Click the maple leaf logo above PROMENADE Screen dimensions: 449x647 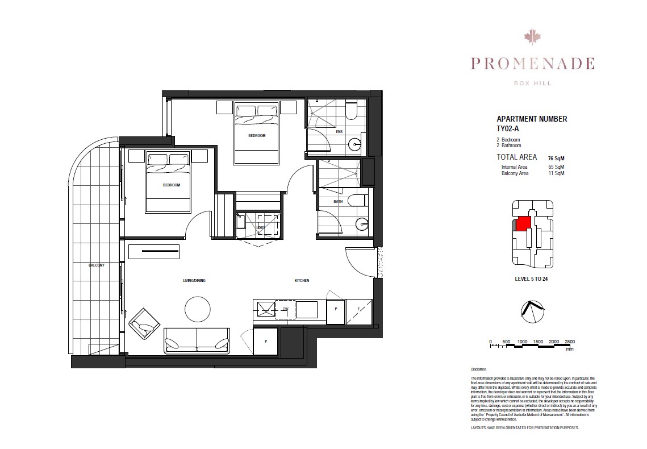tap(531, 38)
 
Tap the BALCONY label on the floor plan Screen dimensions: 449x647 tap(96, 265)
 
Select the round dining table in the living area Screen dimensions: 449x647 tap(197, 309)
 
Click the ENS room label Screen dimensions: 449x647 tap(339, 132)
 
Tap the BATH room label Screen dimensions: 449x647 tap(337, 201)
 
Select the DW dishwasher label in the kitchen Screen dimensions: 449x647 tap(285, 309)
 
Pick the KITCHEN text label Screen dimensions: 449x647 tap(302, 281)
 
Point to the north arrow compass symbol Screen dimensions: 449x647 tap(532, 310)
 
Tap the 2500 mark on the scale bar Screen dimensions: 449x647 tap(570, 342)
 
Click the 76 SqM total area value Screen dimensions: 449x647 tap(556, 158)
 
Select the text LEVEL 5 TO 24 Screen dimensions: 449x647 tap(530, 279)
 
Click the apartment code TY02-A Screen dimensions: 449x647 tap(508, 129)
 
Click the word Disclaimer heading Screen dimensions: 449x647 tap(480, 369)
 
